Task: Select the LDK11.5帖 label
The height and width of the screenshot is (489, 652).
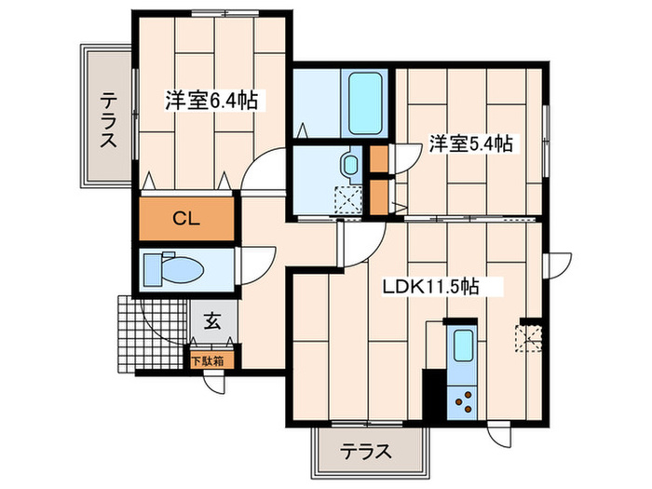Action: (431, 287)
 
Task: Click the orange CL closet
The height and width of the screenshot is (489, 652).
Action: (185, 220)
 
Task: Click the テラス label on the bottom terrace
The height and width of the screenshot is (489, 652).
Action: (364, 452)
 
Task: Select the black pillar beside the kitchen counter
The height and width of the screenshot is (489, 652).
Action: (432, 395)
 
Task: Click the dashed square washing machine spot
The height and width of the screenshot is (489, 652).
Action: (348, 198)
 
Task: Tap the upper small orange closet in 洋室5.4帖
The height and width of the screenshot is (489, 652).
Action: (379, 161)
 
